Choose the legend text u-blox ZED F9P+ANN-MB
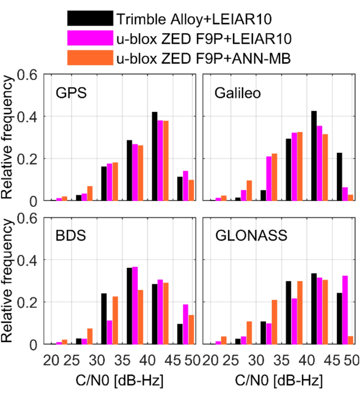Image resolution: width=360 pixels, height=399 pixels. (205, 58)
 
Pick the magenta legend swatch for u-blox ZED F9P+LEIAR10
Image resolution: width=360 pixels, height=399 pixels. (90, 38)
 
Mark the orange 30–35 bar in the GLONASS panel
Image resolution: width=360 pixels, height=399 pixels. (273, 322)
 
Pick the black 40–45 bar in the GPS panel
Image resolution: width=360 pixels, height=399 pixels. (155, 156)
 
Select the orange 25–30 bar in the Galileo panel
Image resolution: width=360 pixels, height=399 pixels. (249, 190)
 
